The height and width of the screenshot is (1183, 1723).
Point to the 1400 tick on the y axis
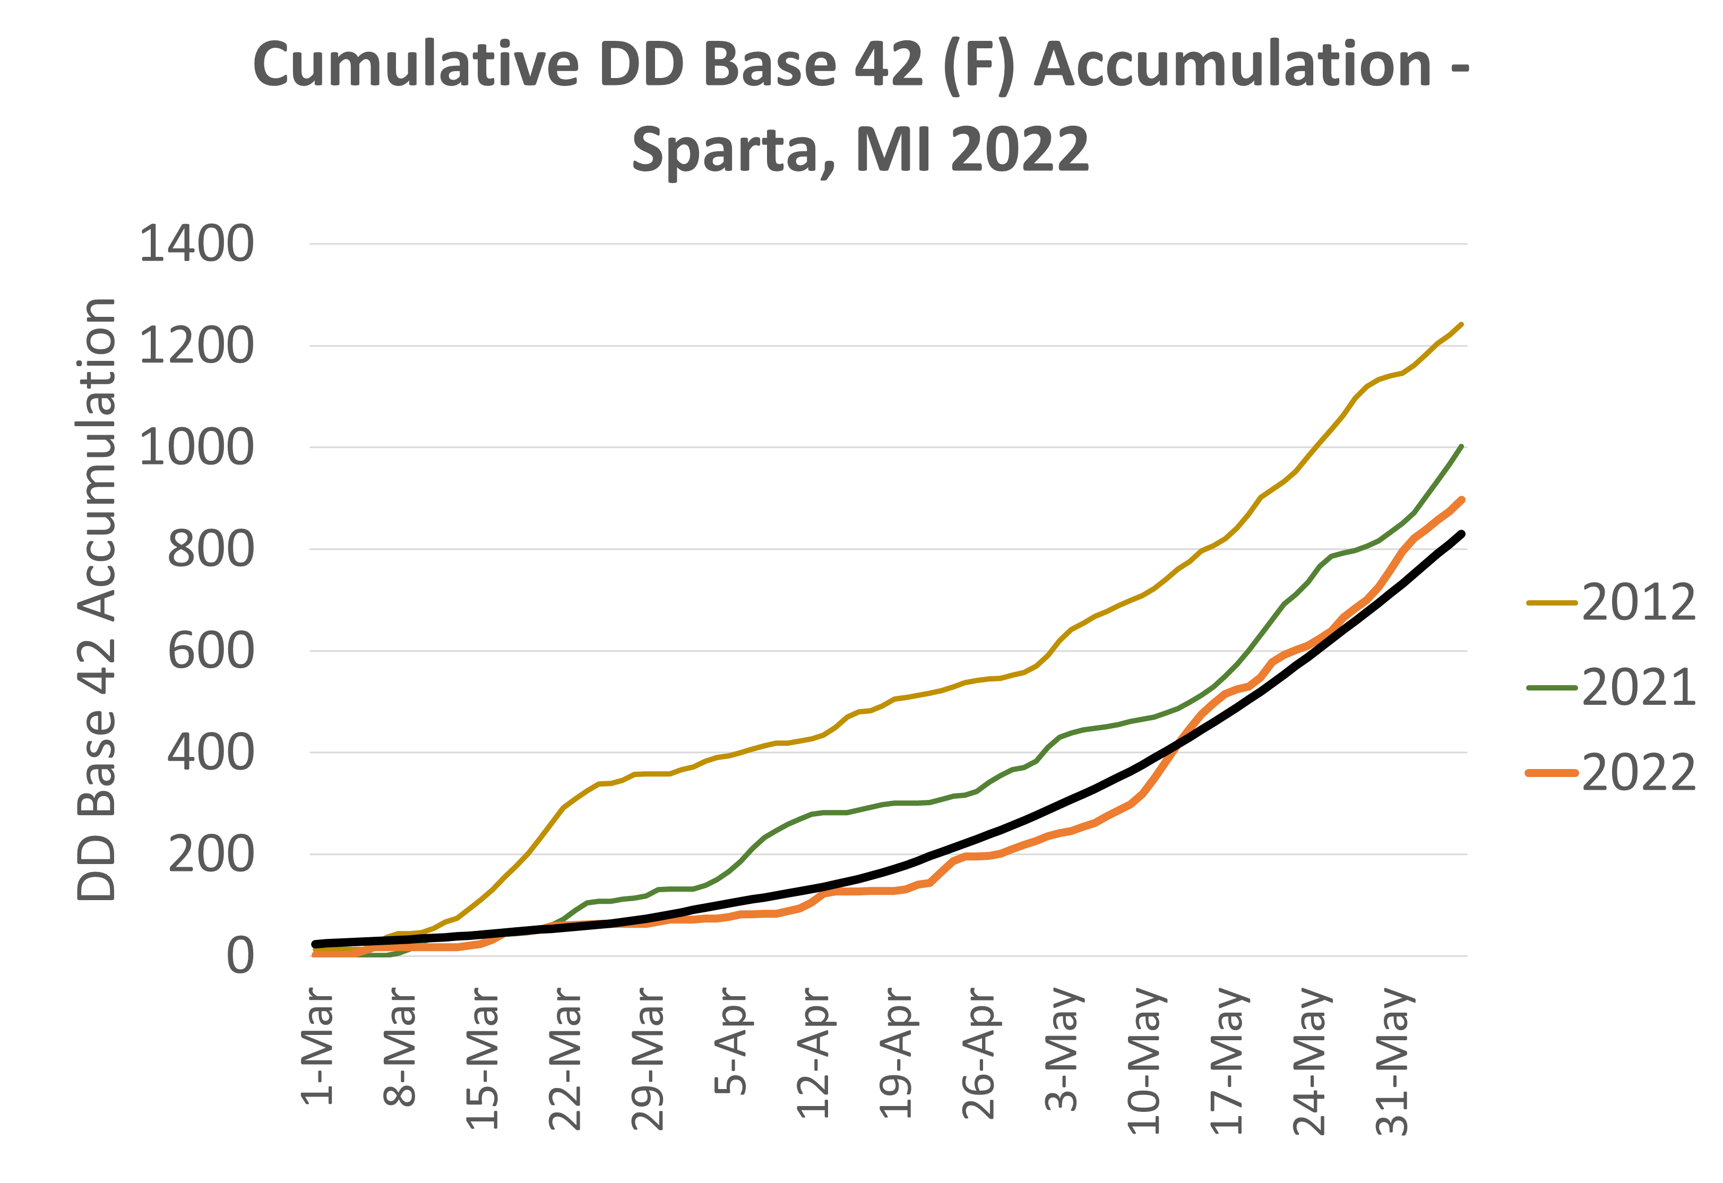pyautogui.click(x=196, y=244)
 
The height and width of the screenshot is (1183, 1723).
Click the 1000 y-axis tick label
pyautogui.click(x=196, y=448)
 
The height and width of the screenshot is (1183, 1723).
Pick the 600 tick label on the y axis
pyautogui.click(x=211, y=652)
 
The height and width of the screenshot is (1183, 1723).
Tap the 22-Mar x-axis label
pyautogui.click(x=565, y=1058)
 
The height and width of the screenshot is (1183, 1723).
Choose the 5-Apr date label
pyautogui.click(x=731, y=1041)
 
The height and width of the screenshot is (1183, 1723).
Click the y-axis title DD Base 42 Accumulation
pyautogui.click(x=97, y=600)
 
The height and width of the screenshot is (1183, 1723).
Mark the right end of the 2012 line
pyautogui.click(x=1461, y=324)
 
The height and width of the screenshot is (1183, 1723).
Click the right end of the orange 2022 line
pyautogui.click(x=1461, y=499)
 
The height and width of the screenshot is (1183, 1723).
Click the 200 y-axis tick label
pyautogui.click(x=211, y=854)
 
